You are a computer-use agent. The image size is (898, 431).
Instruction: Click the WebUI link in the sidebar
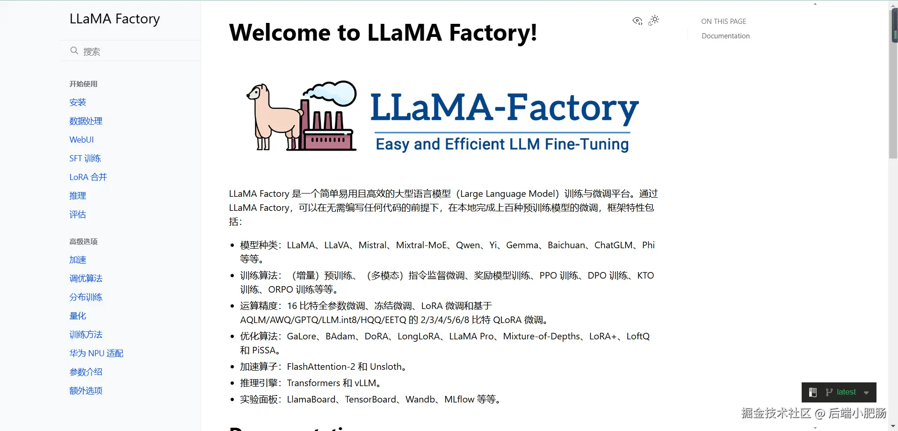81,140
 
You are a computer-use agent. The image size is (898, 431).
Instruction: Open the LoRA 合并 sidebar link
88,177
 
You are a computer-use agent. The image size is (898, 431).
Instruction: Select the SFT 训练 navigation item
85,158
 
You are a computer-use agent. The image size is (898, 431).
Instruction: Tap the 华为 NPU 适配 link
96,353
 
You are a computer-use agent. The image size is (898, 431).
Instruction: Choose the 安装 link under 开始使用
78,102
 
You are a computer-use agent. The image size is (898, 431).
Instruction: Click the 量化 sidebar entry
78,316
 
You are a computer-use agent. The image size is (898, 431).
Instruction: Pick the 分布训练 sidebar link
86,297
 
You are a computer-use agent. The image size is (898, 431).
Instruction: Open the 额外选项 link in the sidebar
86,391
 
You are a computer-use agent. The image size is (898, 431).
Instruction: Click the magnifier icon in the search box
74,50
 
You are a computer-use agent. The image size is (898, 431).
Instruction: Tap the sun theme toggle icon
654,20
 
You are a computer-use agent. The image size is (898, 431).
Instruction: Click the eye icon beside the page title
637,21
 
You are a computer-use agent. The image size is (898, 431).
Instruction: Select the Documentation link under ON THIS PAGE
725,36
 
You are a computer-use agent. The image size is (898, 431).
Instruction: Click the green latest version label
846,392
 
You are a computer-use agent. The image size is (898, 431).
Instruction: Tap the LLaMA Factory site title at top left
115,19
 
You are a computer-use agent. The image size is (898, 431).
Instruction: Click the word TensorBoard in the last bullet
370,400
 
